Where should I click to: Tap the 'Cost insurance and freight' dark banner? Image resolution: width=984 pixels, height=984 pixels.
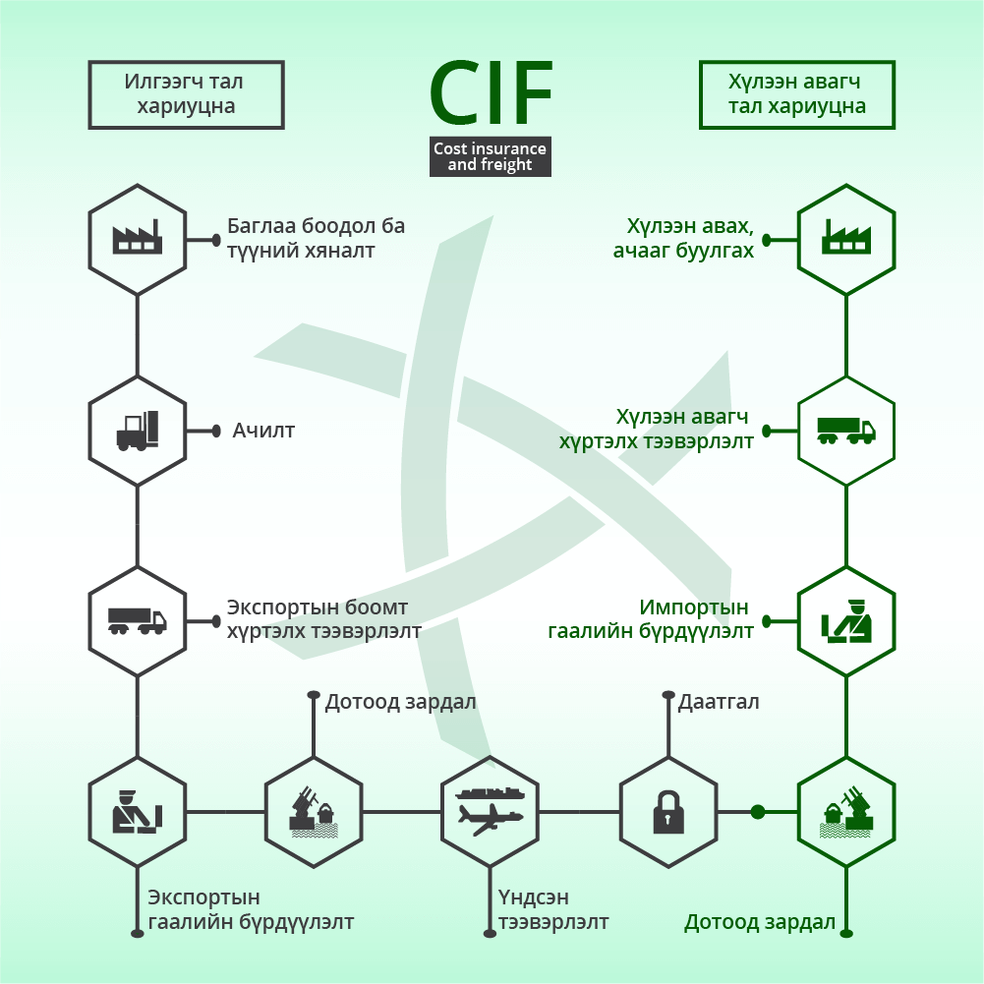[x=491, y=156]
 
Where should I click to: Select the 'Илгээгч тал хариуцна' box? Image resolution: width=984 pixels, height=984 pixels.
[x=187, y=94]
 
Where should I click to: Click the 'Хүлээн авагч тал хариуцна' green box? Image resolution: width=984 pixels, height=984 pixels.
[x=797, y=94]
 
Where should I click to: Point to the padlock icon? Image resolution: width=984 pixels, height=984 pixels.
[x=668, y=812]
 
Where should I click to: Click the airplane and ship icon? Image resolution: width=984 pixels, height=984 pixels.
[x=490, y=812]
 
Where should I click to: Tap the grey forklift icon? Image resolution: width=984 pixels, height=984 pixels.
[x=138, y=432]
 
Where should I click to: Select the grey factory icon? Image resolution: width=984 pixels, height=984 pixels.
[x=138, y=237]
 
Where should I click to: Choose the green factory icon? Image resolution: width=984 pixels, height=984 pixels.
[x=846, y=237]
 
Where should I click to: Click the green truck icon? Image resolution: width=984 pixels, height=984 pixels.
[x=846, y=432]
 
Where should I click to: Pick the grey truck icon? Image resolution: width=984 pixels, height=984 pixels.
[x=138, y=620]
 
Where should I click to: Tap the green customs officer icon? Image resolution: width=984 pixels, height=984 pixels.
[x=846, y=621]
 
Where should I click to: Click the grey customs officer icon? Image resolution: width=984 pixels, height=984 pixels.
[x=138, y=812]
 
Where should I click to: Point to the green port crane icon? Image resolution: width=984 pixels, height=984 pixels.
[x=846, y=813]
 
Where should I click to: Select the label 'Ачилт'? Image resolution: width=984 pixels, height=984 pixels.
[x=263, y=431]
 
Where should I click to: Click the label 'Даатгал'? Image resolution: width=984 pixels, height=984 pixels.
[x=719, y=702]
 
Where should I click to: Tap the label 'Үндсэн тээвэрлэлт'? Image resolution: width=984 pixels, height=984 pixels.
[x=553, y=909]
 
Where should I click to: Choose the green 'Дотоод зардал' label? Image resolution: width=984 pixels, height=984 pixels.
[x=759, y=922]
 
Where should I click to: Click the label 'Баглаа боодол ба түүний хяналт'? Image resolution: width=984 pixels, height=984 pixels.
[x=316, y=238]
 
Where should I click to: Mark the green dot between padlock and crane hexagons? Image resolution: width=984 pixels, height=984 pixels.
[x=758, y=812]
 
